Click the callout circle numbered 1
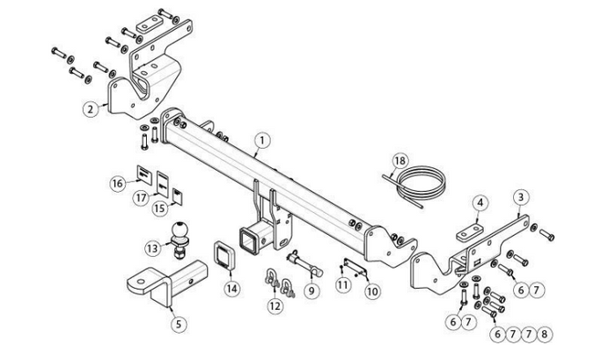[262, 141]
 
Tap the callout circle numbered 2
[91, 108]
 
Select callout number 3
[521, 197]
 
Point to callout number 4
[480, 203]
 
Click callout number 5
[179, 324]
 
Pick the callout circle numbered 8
[544, 334]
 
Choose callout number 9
[312, 290]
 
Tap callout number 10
[372, 291]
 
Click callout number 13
[153, 248]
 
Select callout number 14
[231, 289]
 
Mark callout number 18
[400, 161]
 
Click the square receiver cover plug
[224, 256]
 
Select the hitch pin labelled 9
[305, 264]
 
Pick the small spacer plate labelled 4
[470, 232]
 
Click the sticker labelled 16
[143, 174]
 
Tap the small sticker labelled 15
[178, 196]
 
